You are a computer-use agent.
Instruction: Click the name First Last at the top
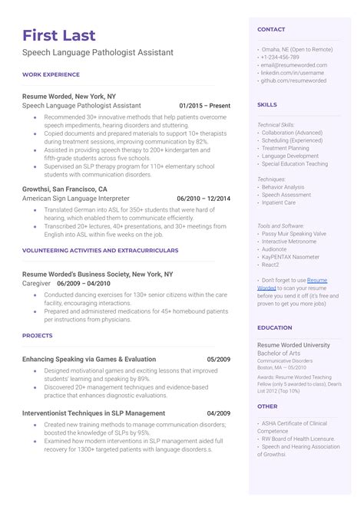click(60, 35)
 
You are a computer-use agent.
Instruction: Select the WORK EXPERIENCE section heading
click(51, 74)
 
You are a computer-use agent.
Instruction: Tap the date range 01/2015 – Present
click(204, 105)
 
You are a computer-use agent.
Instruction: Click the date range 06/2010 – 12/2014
click(203, 198)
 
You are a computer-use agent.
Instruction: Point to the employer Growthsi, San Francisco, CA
click(65, 188)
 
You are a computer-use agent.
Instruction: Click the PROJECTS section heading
click(38, 335)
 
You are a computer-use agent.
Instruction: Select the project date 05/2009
click(218, 359)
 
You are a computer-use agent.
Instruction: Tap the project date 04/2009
click(218, 413)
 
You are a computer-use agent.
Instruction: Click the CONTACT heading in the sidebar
click(271, 29)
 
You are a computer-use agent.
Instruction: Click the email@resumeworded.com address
click(294, 64)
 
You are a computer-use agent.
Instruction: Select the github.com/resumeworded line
click(293, 80)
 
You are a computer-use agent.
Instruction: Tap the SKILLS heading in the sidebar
click(267, 104)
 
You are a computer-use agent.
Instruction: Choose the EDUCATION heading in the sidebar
click(275, 327)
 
